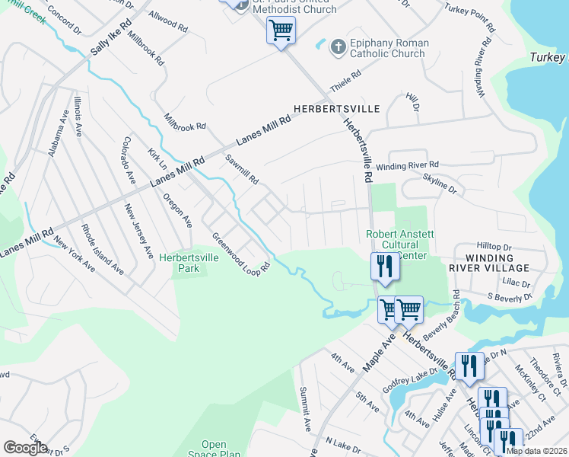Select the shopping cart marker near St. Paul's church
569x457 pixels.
[x=281, y=31]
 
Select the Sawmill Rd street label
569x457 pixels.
[x=243, y=170]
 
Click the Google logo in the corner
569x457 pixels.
[x=25, y=448]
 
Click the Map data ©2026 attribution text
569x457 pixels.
[x=536, y=450]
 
